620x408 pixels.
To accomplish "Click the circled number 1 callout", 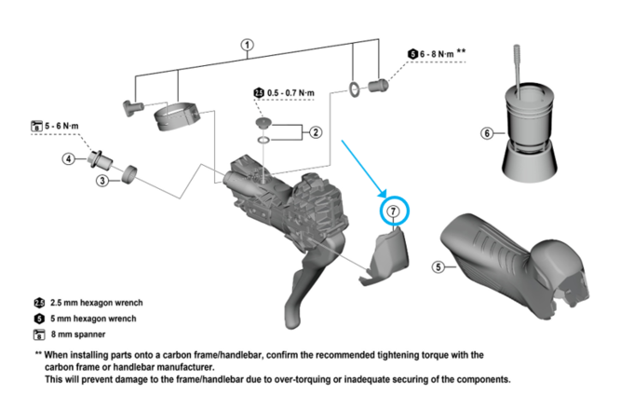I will tap(247, 45).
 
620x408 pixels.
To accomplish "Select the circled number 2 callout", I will tap(316, 132).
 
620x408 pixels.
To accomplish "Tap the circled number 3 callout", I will tap(102, 180).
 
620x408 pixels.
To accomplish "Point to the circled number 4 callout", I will tap(69, 158).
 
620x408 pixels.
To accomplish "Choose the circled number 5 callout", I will tap(438, 266).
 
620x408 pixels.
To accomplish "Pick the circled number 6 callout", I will tap(486, 133).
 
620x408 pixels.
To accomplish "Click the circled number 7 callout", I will tap(394, 211).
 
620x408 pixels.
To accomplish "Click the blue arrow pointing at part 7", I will tap(363, 168).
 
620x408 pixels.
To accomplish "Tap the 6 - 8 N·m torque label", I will tap(438, 55).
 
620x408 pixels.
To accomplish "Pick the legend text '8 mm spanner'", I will tap(78, 333).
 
